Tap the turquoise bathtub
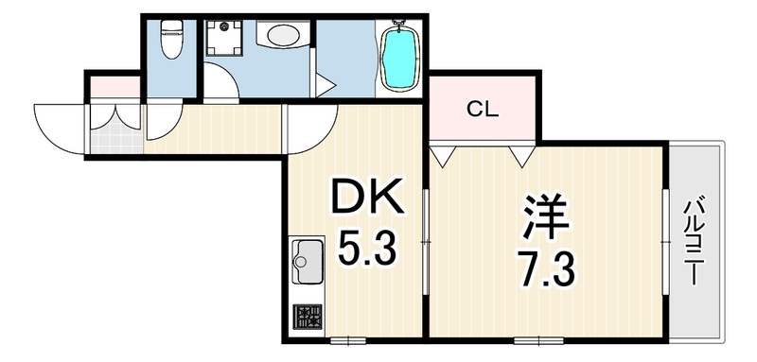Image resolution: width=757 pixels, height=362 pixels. [x=399, y=58]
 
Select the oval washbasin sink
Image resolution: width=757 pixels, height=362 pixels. [x=283, y=34]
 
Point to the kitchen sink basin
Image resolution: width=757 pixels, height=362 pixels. [x=307, y=261]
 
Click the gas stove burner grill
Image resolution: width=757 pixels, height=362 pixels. [x=308, y=317]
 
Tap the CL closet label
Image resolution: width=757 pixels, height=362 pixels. [x=483, y=112]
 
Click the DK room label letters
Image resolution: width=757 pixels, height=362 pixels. [x=366, y=198]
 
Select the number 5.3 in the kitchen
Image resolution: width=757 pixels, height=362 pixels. [x=366, y=249]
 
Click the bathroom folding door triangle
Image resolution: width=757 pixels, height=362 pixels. [x=325, y=86]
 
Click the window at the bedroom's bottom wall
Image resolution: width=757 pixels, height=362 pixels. [x=538, y=341]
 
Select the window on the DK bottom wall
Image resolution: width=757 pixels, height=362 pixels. [x=348, y=341]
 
